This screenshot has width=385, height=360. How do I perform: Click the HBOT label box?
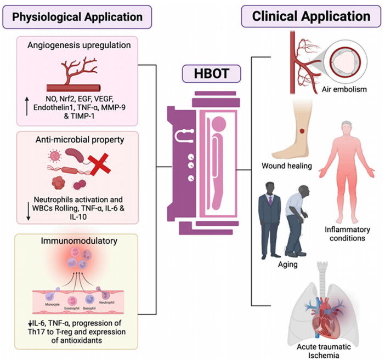click(x=211, y=73)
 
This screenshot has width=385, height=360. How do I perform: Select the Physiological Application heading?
click(x=77, y=17)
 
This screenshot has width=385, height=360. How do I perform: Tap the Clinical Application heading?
click(x=311, y=16)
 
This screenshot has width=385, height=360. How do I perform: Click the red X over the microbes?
click(x=99, y=164)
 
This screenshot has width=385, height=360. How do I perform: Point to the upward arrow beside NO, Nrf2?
click(x=27, y=106)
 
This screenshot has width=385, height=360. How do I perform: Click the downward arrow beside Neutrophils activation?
click(x=29, y=211)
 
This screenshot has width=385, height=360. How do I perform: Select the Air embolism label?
click(x=344, y=89)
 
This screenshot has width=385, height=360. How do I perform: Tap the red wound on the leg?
click(x=302, y=131)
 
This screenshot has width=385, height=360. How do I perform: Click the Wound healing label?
click(x=287, y=166)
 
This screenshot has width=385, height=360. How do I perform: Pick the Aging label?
click(x=288, y=264)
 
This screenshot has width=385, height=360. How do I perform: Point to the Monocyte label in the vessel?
click(x=52, y=305)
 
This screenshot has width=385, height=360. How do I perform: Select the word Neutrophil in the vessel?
click(x=107, y=302)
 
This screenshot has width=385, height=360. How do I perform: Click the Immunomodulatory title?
click(x=79, y=241)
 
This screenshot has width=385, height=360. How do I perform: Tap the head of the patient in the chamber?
click(x=219, y=124)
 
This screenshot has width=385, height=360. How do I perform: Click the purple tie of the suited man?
click(x=270, y=201)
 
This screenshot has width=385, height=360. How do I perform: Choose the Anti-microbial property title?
click(x=80, y=140)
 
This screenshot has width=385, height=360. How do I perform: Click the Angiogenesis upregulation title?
click(x=79, y=45)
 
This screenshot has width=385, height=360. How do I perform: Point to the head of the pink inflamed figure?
click(x=347, y=128)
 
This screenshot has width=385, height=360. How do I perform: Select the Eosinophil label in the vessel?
click(x=72, y=308)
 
